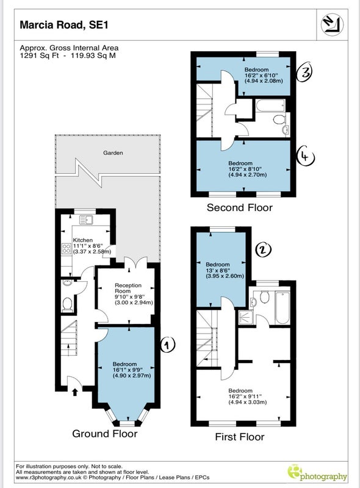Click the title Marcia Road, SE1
tap(64, 25)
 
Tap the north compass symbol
tap(333, 24)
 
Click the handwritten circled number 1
tap(168, 344)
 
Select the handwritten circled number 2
tap(263, 249)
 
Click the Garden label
tap(113, 153)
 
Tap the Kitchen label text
tap(83, 240)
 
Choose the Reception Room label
tap(128, 288)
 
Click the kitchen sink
tap(86, 220)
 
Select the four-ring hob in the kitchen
tap(67, 248)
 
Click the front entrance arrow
tap(74, 392)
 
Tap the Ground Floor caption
tap(104, 434)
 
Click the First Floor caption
tap(239, 437)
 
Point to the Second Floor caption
tap(239, 207)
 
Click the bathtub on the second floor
tap(270, 105)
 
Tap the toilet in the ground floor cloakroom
tap(67, 304)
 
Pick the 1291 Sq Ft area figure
tap(39, 56)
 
